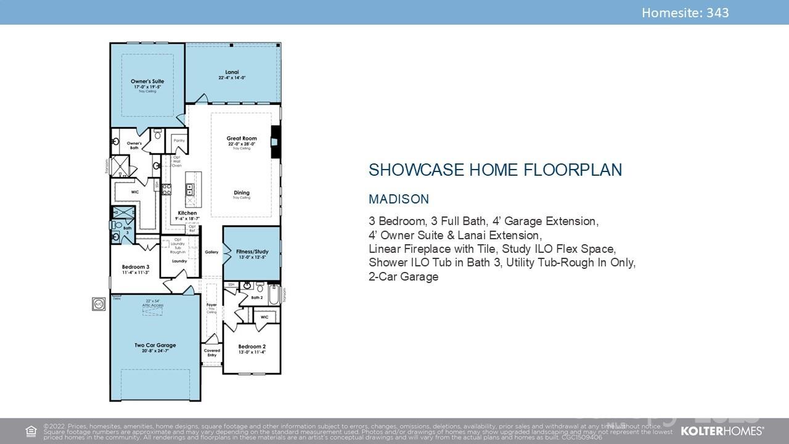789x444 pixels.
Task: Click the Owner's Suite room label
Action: point(147,81)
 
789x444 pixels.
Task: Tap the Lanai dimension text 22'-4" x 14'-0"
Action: point(232,78)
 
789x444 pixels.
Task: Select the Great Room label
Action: point(241,138)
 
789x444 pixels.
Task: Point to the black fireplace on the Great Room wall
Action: point(276,142)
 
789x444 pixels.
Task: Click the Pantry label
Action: point(179,141)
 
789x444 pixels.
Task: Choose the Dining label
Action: point(241,193)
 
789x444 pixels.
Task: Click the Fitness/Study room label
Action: point(252,252)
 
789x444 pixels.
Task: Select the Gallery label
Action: point(211,252)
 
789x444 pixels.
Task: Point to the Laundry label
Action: point(179,261)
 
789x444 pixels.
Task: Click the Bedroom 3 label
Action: point(135,267)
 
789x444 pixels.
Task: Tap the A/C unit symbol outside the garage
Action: point(99,303)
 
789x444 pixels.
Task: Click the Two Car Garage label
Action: point(155,345)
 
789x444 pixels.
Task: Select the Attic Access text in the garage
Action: point(153,306)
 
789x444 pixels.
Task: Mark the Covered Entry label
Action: point(211,353)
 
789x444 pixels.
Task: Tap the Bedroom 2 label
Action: point(252,347)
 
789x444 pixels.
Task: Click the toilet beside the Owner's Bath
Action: point(157,133)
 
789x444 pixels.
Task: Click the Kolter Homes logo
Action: point(722,430)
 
